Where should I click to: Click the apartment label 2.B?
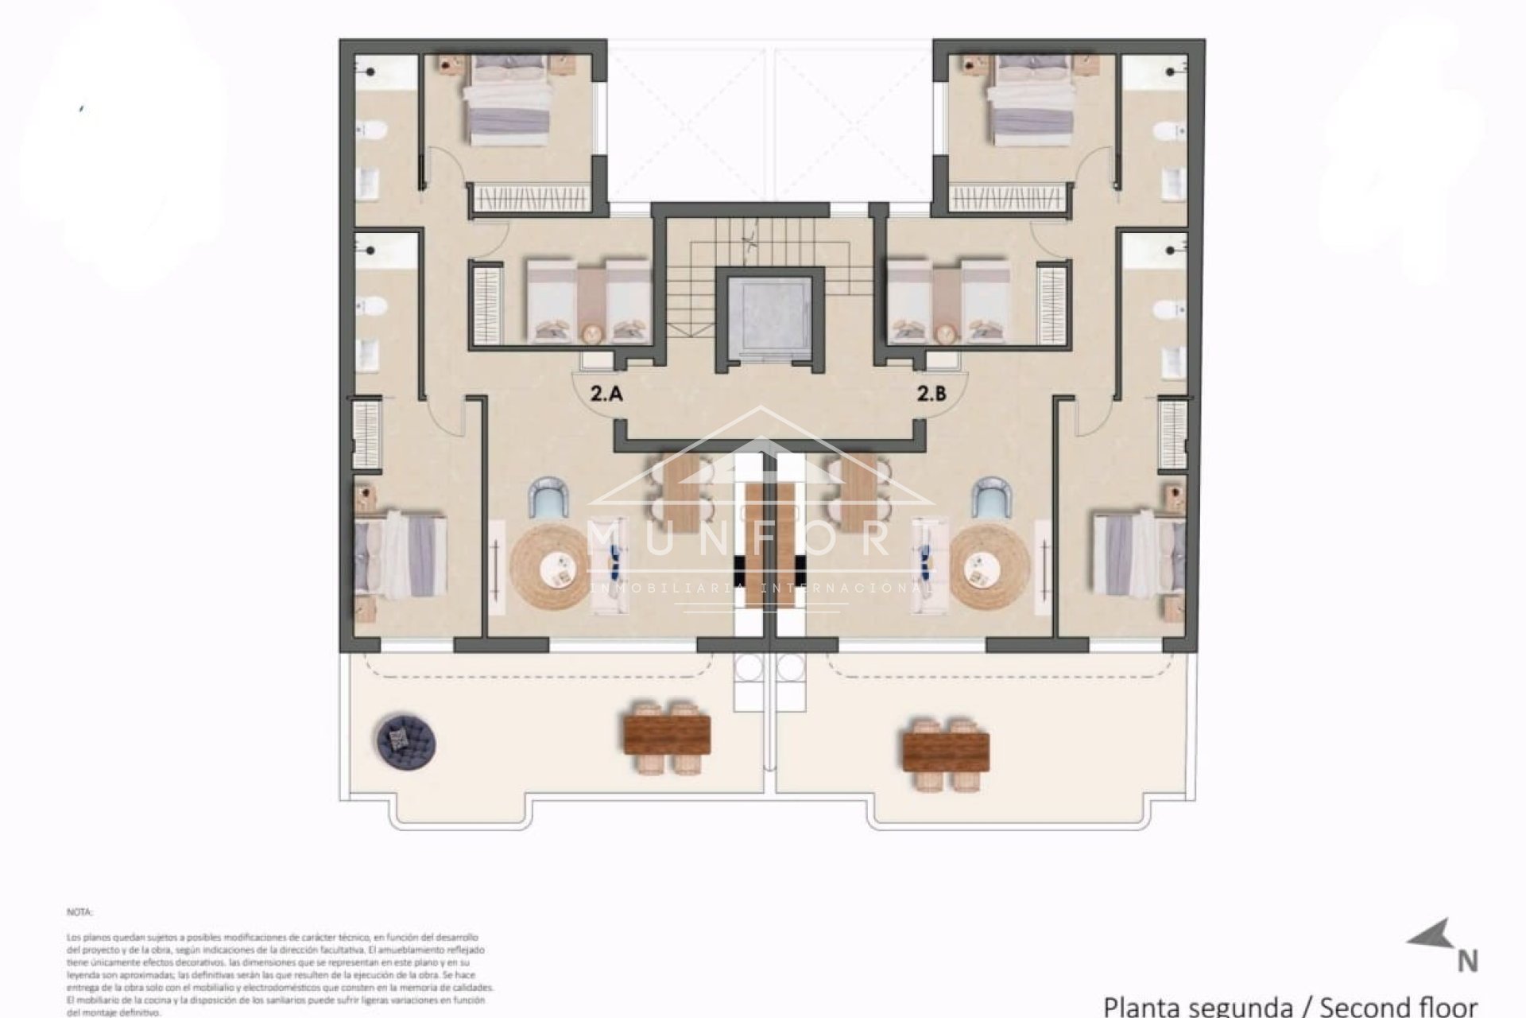coord(931,393)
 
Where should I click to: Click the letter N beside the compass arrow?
coord(1467,962)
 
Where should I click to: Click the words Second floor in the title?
coord(1399,1005)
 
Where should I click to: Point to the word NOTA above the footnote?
coord(79,912)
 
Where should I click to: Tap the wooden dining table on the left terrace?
coord(667,736)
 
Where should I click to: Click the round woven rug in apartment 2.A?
coord(550,566)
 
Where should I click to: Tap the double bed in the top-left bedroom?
coord(508,101)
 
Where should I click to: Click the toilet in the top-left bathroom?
coord(370,130)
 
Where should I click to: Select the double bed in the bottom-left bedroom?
coord(400,554)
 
